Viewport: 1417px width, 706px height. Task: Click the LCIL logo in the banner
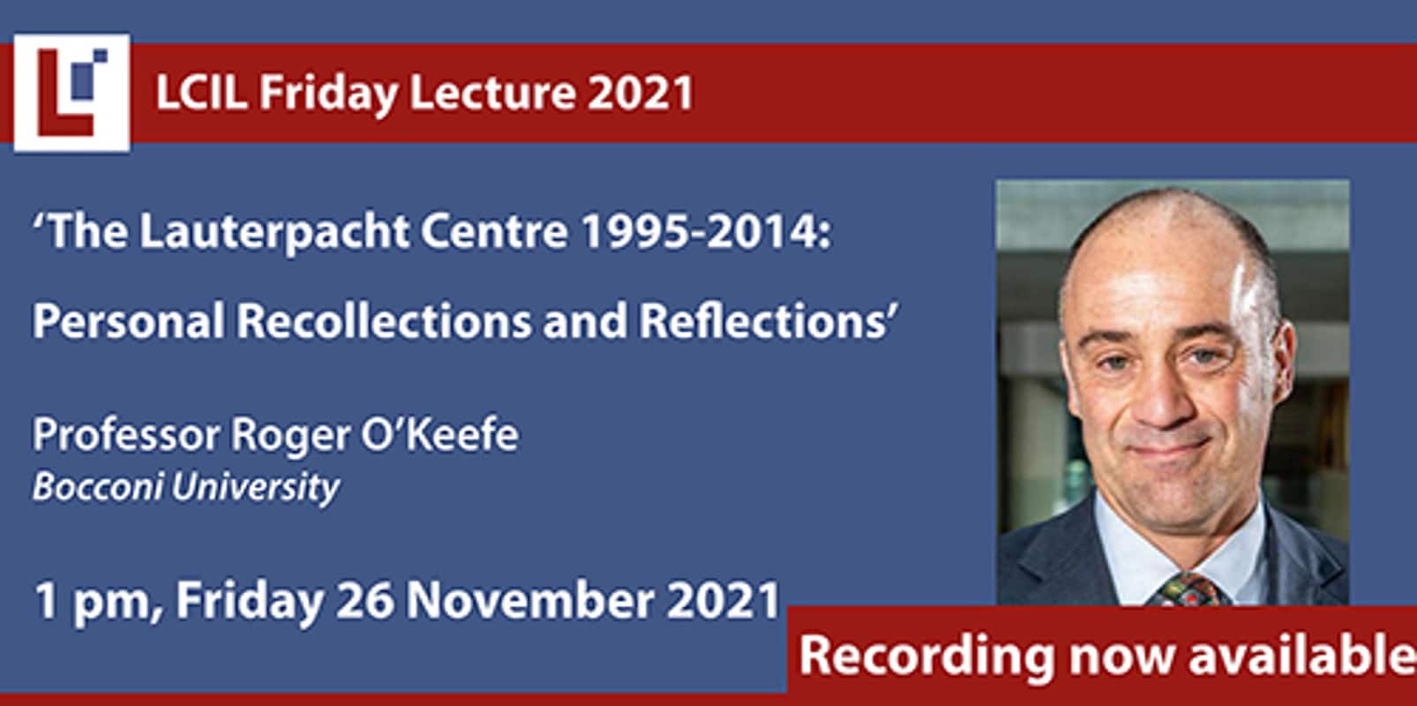pyautogui.click(x=72, y=93)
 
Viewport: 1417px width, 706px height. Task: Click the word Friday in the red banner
pyautogui.click(x=328, y=94)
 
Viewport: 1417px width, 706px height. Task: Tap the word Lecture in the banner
pyautogui.click(x=493, y=93)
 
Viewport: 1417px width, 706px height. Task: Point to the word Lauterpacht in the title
pyautogui.click(x=274, y=232)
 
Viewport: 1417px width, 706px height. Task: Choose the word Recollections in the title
pyautogui.click(x=384, y=320)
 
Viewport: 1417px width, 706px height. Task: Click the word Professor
pyautogui.click(x=126, y=435)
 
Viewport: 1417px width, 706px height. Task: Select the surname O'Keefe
pyautogui.click(x=440, y=434)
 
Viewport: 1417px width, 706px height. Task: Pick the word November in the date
pyautogui.click(x=530, y=600)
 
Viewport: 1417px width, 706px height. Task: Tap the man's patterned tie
pyautogui.click(x=1189, y=589)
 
